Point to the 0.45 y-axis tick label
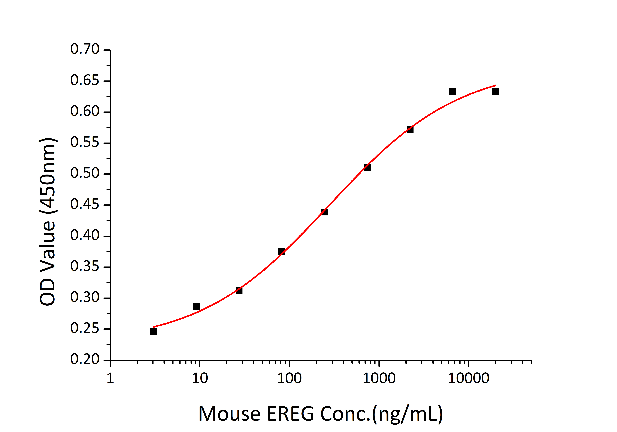[85, 205]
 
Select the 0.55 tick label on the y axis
[85, 142]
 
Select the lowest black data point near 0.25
[153, 331]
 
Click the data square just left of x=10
[196, 306]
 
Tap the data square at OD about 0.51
[367, 167]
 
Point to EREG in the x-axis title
[290, 414]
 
